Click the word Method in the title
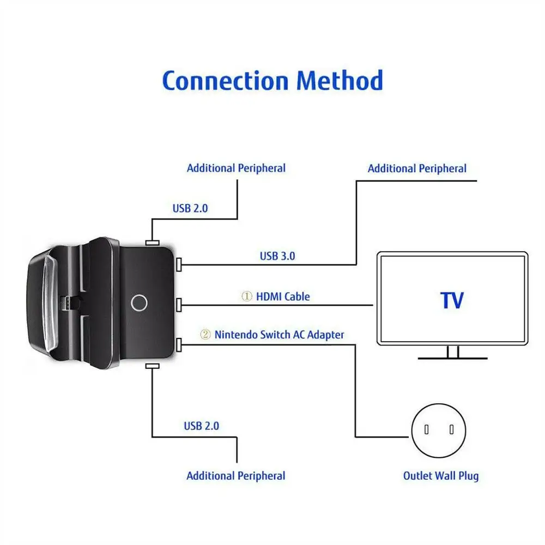tap(340, 81)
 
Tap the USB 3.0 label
tap(277, 256)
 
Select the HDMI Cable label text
tap(282, 296)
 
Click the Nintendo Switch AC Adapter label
tap(279, 334)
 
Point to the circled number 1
tap(247, 296)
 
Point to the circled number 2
tap(205, 335)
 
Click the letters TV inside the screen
tap(452, 300)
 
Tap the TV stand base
tap(452, 358)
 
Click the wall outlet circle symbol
tap(439, 429)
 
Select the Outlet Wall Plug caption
tap(441, 476)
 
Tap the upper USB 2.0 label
tap(190, 208)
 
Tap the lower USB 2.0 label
tap(201, 426)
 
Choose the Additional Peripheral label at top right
tap(417, 168)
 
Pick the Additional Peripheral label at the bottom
tap(235, 476)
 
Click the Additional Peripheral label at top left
tap(236, 168)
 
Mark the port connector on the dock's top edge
tap(152, 242)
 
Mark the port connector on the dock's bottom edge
tap(152, 367)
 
